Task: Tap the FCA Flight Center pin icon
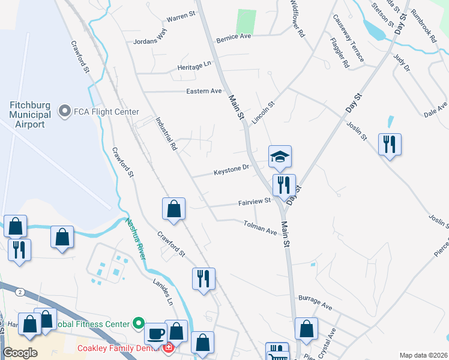tap(63, 112)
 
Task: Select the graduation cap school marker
tap(280, 157)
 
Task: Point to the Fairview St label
tap(255, 202)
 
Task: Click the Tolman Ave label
tap(260, 227)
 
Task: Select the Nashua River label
tap(135, 238)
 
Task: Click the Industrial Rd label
tap(166, 133)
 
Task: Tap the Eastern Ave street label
tap(204, 91)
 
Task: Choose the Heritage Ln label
tap(194, 67)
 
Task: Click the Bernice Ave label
tap(234, 36)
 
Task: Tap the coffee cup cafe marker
tap(156, 333)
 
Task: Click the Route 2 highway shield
tap(20, 292)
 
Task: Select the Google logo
tap(20, 353)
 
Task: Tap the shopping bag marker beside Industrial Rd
tap(173, 209)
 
